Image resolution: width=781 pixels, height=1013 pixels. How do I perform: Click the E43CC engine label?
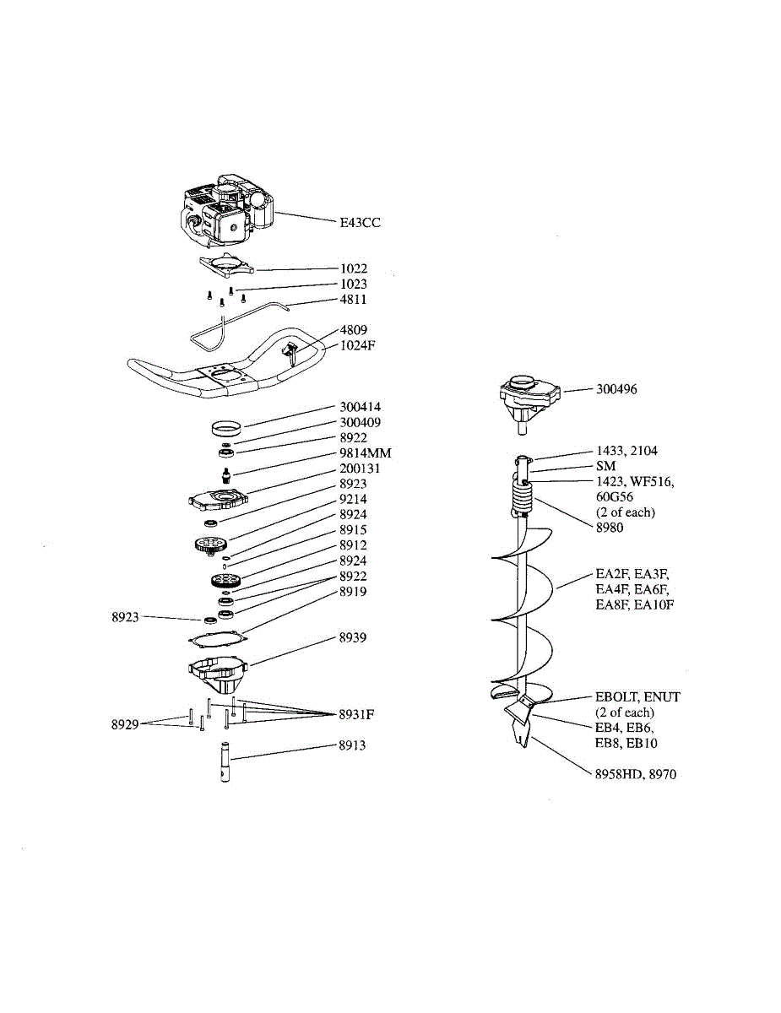[x=360, y=223]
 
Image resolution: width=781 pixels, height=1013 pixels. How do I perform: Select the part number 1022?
[x=353, y=269]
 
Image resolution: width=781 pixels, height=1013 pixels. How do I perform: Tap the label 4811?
[x=353, y=300]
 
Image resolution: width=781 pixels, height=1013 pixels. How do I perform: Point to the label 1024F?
[x=357, y=345]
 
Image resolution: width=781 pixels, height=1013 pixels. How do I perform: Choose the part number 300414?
[x=360, y=407]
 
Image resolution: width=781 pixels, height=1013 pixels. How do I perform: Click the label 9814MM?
[x=365, y=453]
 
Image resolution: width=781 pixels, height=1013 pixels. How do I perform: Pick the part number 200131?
[x=360, y=469]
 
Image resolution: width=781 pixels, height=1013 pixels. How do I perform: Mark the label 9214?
[x=353, y=499]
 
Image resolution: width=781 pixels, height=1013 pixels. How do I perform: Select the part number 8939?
[x=353, y=638]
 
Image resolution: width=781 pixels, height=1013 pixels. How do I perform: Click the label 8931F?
[x=356, y=715]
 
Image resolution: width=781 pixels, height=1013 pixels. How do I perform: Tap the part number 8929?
[x=125, y=724]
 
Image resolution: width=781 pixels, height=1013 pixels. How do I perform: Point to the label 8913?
[x=353, y=746]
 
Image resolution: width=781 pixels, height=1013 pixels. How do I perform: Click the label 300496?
[x=616, y=390]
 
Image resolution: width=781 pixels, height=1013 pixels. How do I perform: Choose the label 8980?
[x=609, y=528]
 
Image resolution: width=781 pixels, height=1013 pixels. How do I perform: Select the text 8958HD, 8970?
[x=635, y=774]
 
